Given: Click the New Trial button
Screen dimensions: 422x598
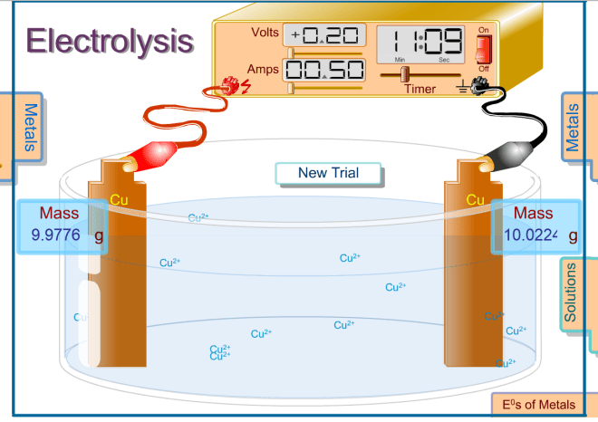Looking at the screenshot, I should tap(328, 173).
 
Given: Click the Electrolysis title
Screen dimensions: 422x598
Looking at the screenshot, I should tap(109, 41).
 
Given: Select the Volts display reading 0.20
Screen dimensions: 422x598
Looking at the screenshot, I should tap(325, 36).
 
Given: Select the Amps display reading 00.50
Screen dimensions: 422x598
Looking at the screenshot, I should tap(324, 70).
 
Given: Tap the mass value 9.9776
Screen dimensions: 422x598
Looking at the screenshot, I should tap(56, 235).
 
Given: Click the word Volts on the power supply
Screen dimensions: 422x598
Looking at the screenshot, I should tap(265, 34).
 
